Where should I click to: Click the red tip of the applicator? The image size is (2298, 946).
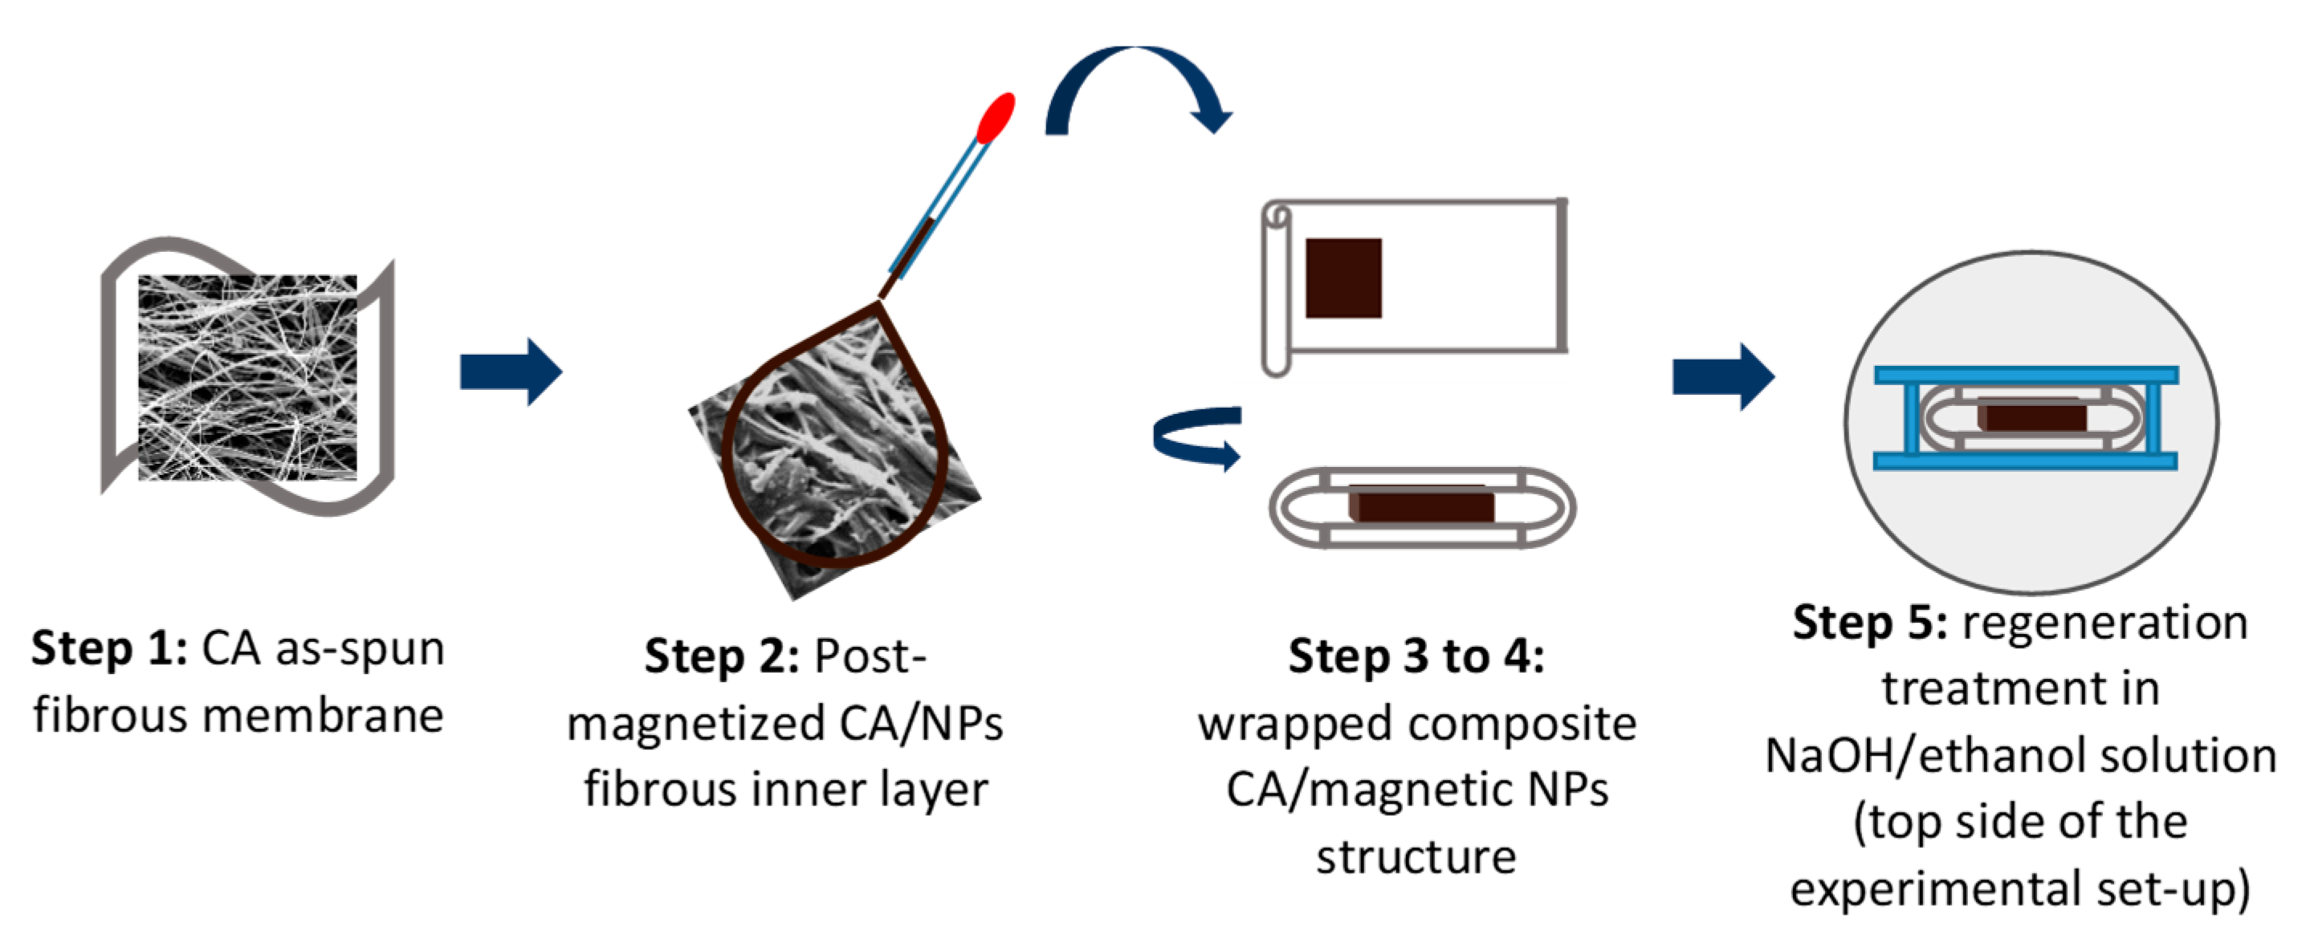[996, 118]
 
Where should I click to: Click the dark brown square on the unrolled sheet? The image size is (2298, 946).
[1343, 278]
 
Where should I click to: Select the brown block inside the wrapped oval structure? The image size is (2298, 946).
[1422, 504]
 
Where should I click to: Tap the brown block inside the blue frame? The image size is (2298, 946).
[2031, 416]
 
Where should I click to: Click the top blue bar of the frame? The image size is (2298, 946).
[2025, 376]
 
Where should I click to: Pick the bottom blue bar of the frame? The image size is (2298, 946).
[2025, 461]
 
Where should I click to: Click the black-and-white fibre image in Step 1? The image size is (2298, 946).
[247, 377]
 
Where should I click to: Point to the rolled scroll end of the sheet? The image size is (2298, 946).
[1276, 286]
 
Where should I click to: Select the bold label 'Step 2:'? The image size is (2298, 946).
[722, 657]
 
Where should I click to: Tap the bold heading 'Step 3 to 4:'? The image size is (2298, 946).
[1416, 657]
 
